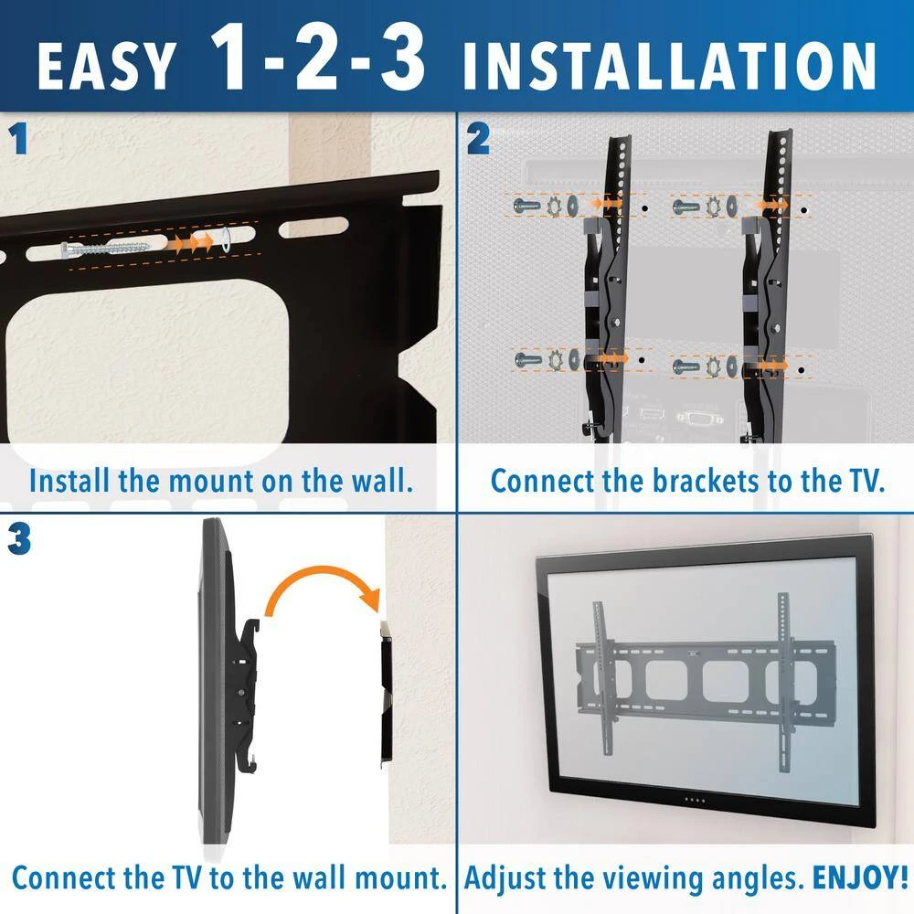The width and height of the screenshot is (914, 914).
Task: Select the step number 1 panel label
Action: click(x=18, y=139)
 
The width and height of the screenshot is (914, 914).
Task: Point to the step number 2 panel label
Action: click(x=478, y=139)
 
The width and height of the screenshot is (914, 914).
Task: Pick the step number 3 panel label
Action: click(x=19, y=538)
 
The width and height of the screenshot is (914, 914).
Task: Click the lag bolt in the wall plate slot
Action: click(x=105, y=249)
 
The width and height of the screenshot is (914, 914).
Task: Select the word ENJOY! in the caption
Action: click(x=860, y=877)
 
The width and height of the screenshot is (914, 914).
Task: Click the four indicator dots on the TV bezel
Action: click(x=695, y=801)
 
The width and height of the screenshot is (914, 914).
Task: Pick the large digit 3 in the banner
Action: click(x=403, y=58)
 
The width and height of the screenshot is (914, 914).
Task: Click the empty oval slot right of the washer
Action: click(x=314, y=228)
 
